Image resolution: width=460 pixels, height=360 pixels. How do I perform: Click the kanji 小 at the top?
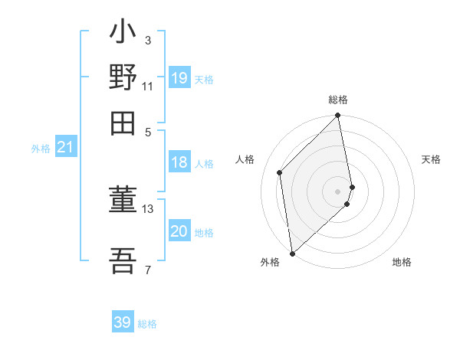point(123,34)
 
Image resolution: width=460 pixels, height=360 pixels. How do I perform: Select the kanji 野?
point(123,77)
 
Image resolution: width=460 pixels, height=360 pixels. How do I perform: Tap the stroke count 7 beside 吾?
point(148,270)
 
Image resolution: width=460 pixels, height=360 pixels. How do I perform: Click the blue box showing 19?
point(179,78)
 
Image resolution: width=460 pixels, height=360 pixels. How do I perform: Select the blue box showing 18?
point(179,162)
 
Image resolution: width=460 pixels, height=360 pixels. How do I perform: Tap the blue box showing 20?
point(179,231)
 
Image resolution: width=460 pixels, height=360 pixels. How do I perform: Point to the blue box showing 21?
point(65,147)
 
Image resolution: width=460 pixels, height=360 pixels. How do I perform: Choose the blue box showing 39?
point(123,322)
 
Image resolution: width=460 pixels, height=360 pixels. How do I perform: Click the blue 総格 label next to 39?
point(147,324)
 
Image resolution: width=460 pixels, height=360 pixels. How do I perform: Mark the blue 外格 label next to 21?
point(41,149)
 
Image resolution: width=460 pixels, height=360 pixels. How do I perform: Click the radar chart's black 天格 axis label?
point(431,159)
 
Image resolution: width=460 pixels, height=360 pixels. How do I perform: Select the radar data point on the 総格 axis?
point(338,116)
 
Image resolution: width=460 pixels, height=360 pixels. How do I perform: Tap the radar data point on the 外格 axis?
point(292,253)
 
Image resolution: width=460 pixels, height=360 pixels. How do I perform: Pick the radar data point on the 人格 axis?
point(280,172)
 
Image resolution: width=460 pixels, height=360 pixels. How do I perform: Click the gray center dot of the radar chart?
point(338,191)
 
